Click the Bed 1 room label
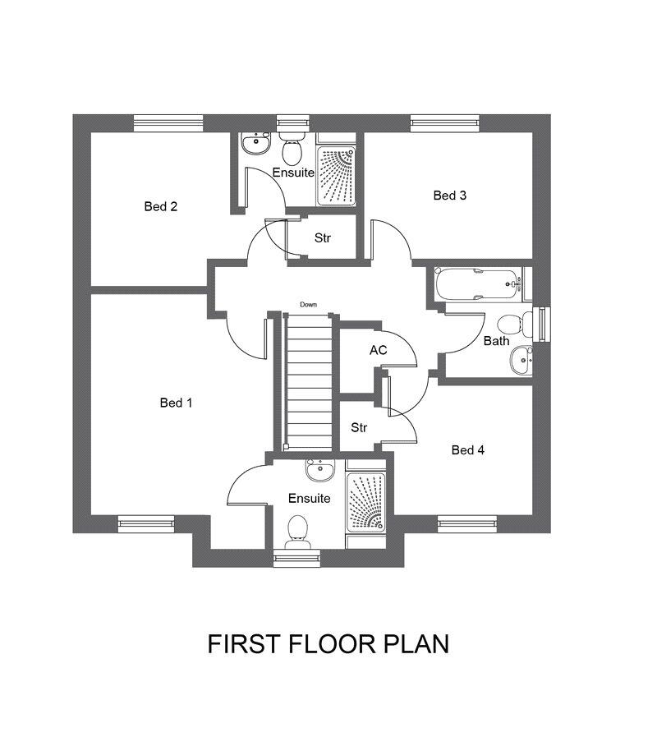click(177, 403)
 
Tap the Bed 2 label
click(161, 206)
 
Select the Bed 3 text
click(450, 196)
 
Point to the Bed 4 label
click(467, 450)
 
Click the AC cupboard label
click(379, 350)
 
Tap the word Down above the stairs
click(308, 305)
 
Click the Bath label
click(496, 341)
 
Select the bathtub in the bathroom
click(479, 284)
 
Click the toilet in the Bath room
click(515, 325)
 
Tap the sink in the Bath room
click(521, 360)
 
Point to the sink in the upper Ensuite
click(256, 143)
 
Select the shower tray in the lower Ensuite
click(365, 503)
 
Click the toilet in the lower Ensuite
click(297, 532)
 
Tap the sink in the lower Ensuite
click(320, 470)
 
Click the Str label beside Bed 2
click(323, 238)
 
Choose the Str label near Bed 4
click(359, 428)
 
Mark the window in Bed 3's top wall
click(445, 123)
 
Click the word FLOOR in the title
click(332, 644)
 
